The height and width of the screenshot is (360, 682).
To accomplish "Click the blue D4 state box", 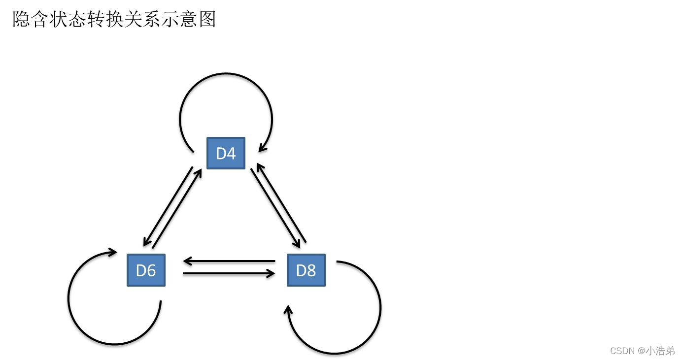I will pyautogui.click(x=226, y=153).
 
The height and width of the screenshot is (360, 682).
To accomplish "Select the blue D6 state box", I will pyautogui.click(x=146, y=270).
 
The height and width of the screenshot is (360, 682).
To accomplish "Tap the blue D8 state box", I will pyautogui.click(x=306, y=270).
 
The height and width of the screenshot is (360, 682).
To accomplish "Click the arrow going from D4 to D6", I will pyautogui.click(x=168, y=207).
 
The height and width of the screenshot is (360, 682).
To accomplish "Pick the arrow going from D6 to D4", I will pyautogui.click(x=177, y=209).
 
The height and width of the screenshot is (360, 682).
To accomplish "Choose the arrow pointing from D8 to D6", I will pyautogui.click(x=229, y=261).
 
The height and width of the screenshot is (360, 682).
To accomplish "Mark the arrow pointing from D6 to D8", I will pyautogui.click(x=229, y=273).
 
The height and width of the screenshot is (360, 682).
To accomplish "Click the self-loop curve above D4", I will pyautogui.click(x=225, y=74).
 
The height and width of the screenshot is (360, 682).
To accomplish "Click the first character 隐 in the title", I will pyautogui.click(x=21, y=19).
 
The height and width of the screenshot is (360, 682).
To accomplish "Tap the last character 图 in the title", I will pyautogui.click(x=207, y=19).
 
